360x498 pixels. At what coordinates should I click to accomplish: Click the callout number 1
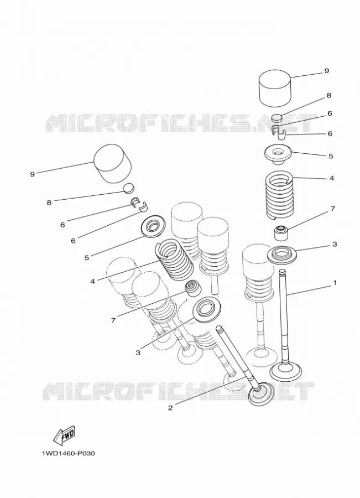click(334, 283)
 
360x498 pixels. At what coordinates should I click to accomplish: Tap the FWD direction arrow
click(64, 435)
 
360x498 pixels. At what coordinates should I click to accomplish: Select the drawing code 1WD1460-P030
click(68, 453)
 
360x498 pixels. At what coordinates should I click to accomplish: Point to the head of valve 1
click(285, 371)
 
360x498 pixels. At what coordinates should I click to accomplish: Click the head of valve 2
click(261, 394)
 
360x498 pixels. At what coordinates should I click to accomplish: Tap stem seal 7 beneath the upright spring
click(280, 233)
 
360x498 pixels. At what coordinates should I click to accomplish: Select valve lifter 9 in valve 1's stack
click(275, 88)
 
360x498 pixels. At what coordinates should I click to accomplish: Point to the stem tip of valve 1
click(282, 272)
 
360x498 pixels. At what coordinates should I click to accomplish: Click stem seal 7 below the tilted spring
click(192, 288)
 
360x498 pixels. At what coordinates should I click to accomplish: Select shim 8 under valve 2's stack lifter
click(129, 188)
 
